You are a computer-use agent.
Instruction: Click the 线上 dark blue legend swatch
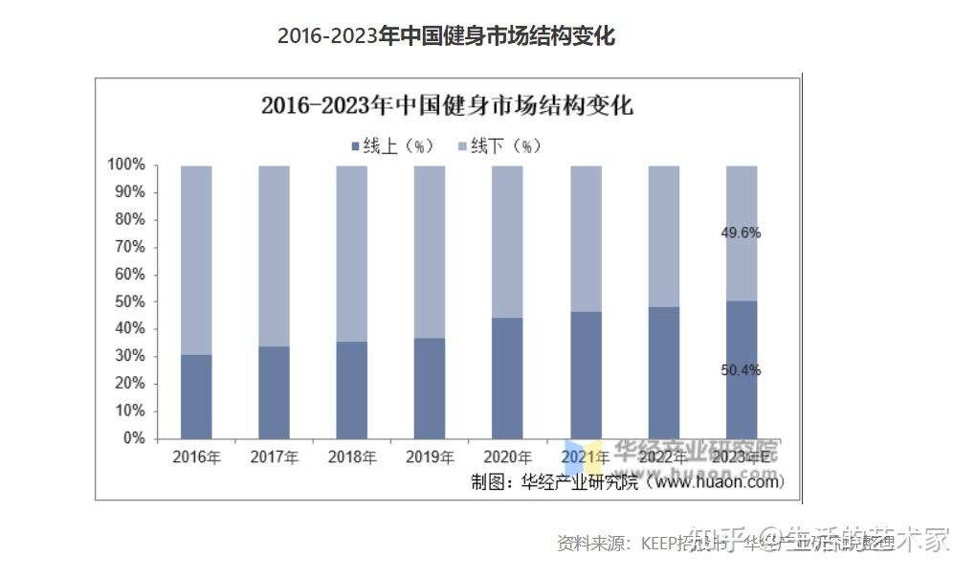point(356,146)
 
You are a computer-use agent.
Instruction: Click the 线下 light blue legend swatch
point(462,146)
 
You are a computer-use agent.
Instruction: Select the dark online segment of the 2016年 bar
point(196,396)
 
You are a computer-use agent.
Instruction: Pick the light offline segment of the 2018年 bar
point(351,254)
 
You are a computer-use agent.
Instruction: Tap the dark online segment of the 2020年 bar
point(507,378)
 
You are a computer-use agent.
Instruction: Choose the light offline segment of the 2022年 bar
point(663,236)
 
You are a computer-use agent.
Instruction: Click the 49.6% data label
point(741,233)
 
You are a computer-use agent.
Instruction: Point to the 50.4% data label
point(741,370)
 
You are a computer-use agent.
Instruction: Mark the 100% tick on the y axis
point(125,166)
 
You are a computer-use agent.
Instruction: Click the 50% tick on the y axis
point(129,301)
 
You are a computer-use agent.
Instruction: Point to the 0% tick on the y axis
point(133,438)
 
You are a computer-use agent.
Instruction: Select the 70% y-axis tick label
point(129,247)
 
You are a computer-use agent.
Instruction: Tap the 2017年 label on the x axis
point(274,457)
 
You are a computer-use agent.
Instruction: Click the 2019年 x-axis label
point(430,457)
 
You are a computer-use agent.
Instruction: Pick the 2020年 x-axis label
point(507,457)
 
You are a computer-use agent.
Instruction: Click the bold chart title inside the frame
point(447,105)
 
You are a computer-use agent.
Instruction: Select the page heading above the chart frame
point(446,36)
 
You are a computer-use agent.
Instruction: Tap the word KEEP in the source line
point(660,544)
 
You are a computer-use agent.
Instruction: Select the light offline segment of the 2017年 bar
point(274,256)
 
